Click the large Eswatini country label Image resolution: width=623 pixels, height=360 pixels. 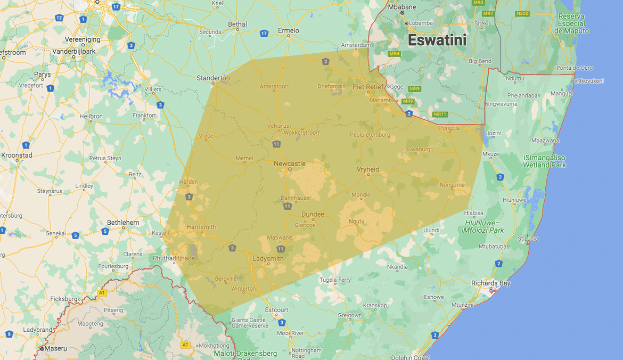pyautogui.click(x=437, y=40)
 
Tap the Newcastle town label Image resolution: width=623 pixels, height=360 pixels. pyautogui.click(x=290, y=163)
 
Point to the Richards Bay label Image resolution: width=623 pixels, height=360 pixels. pyautogui.click(x=490, y=283)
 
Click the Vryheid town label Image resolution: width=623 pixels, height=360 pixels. pyautogui.click(x=367, y=169)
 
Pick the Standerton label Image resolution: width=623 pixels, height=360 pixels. pyautogui.click(x=213, y=78)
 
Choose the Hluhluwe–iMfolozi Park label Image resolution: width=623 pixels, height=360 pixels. pyautogui.click(x=483, y=226)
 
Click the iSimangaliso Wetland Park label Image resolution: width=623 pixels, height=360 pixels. pyautogui.click(x=544, y=161)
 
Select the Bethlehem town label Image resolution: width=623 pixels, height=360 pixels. pyautogui.click(x=123, y=222)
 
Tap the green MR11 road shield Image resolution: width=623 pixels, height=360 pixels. pyautogui.click(x=440, y=114)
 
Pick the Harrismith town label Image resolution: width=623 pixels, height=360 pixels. pyautogui.click(x=201, y=227)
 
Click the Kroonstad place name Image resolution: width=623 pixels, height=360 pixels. pyautogui.click(x=17, y=155)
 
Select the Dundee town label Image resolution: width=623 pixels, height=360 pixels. pyautogui.click(x=313, y=214)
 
